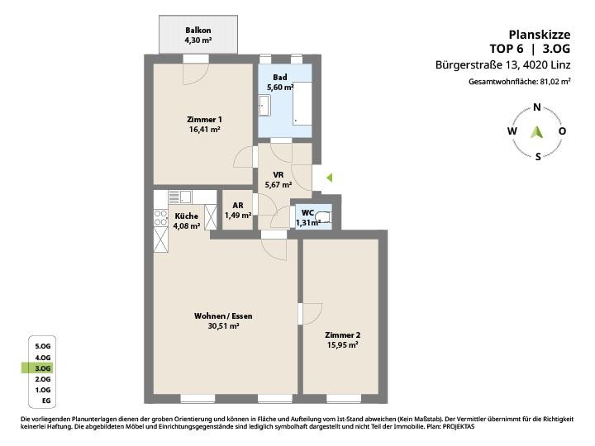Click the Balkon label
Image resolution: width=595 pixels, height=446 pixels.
coord(198,31)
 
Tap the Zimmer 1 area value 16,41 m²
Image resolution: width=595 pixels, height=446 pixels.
coord(205,130)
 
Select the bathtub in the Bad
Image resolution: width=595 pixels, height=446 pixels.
coord(302,103)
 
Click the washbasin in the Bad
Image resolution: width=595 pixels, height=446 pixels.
coord(264,106)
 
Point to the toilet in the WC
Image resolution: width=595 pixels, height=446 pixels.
coord(326,218)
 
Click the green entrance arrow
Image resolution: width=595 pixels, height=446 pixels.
coord(330,177)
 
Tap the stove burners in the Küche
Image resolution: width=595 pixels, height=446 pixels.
coord(161,217)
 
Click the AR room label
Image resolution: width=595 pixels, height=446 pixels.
coord(238,206)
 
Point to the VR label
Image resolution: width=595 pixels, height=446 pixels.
coord(278,175)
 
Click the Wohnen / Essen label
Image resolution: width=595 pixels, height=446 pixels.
coord(223,316)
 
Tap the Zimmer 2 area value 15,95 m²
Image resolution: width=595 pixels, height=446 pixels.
coord(343,345)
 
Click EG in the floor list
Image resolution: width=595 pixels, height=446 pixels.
coord(46,401)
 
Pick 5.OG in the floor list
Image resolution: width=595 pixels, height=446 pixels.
coord(42,346)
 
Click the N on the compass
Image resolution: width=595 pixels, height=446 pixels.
coord(537,107)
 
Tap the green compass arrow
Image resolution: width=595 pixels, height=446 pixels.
coord(536,132)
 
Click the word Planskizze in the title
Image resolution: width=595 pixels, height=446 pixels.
coord(539,35)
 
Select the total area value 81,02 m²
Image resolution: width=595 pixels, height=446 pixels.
coord(555,82)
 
